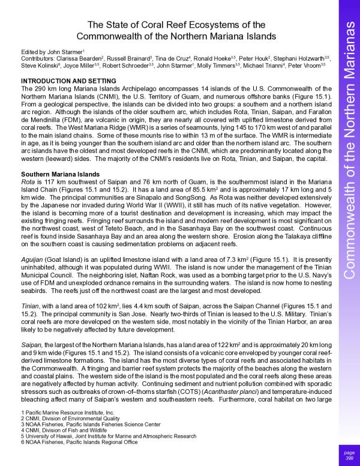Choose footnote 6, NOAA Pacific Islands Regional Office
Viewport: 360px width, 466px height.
79,442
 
